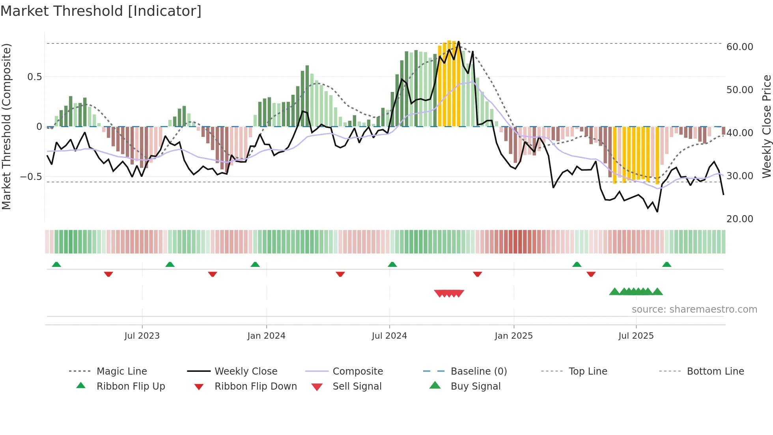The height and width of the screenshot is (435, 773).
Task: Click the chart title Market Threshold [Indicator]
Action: point(101,11)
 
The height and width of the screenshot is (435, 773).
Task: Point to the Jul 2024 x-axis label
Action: point(389,336)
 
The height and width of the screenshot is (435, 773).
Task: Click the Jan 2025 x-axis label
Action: point(513,336)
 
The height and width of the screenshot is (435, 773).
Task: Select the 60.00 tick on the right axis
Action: point(739,47)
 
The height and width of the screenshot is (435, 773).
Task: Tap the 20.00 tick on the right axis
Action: point(739,219)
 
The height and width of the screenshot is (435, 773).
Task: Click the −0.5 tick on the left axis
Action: point(31,176)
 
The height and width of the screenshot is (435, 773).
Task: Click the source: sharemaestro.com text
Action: point(694,309)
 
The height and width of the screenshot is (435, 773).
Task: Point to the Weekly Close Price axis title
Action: point(766,126)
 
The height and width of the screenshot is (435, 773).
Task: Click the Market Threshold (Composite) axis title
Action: point(7,126)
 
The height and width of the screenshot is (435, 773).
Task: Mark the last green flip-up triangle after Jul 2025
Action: point(667,264)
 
